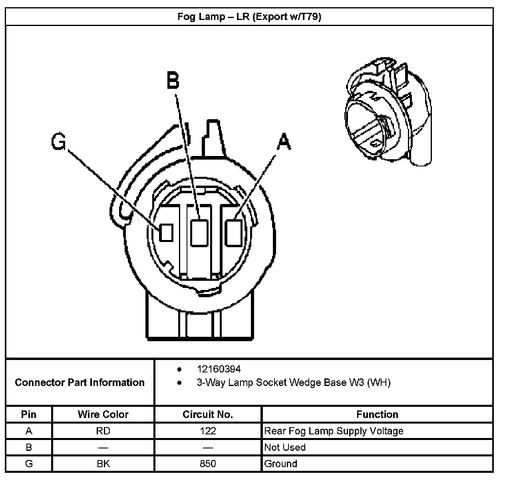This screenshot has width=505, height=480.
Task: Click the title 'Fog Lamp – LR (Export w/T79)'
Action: pos(249,17)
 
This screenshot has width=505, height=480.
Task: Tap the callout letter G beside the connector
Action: pos(59,142)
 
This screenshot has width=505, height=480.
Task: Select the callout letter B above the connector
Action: pos(173,80)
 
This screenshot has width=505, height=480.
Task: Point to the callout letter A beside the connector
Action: pos(284,142)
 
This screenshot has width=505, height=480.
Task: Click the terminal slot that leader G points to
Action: pos(166,233)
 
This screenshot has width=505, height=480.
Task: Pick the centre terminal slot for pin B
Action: pos(199,233)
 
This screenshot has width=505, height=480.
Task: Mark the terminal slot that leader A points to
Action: pos(234,233)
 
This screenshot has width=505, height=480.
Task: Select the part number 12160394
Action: pos(219,369)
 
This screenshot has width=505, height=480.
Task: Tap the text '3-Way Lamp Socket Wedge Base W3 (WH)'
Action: pos(293,382)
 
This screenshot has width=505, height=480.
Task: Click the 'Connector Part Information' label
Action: pos(80,382)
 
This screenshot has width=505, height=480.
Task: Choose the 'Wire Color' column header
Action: pos(103,414)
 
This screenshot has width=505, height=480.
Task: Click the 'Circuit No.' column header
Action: pos(208,414)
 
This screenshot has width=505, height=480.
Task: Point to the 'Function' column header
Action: pos(377,414)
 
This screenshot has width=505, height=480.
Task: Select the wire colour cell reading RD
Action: pos(103,431)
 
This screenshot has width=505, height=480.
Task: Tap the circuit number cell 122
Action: pos(208,431)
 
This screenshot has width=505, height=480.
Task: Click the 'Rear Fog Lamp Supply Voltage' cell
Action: pos(334,431)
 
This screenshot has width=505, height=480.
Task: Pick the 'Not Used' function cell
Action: pos(285,447)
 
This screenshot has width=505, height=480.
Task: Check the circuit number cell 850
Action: pos(208,464)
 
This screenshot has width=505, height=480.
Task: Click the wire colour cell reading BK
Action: pos(103,464)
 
